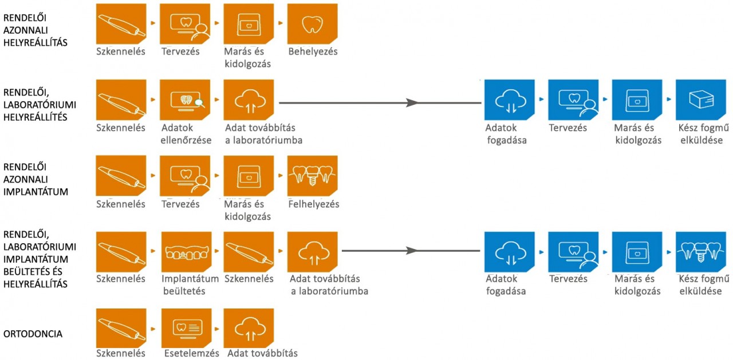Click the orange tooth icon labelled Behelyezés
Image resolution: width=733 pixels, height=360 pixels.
point(313,23)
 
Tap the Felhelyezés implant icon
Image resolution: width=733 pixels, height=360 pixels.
point(313,176)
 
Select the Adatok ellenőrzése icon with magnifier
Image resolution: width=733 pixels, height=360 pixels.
point(185,100)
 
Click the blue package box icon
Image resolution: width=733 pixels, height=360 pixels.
point(701,100)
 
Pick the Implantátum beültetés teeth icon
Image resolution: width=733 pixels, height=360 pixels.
point(187,252)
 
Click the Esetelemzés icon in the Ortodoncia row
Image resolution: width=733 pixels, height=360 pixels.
point(187,328)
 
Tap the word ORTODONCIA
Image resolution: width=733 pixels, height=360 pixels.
point(33,334)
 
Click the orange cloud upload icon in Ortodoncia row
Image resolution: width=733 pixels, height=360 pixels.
point(249,328)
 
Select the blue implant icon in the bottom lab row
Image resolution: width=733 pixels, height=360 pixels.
point(701,252)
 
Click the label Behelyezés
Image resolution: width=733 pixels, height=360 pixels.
point(313,52)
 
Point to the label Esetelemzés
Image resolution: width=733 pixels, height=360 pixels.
point(191,353)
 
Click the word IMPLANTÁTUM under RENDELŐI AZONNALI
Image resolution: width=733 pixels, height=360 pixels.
point(36,192)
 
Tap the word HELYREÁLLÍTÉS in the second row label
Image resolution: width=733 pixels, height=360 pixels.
point(36,117)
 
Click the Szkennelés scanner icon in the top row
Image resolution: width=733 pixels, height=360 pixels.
point(121,23)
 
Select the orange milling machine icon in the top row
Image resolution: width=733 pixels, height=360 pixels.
point(249,23)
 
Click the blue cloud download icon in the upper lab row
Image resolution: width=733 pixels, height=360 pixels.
point(510,100)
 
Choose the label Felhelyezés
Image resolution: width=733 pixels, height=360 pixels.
point(313,204)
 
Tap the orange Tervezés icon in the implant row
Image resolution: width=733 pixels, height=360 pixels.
point(185,176)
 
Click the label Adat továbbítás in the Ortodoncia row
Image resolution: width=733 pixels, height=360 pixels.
point(262,353)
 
